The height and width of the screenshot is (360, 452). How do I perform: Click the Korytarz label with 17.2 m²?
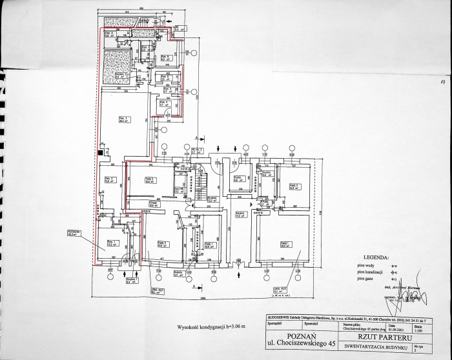238,214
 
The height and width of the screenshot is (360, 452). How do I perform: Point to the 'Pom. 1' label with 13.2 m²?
110,244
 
